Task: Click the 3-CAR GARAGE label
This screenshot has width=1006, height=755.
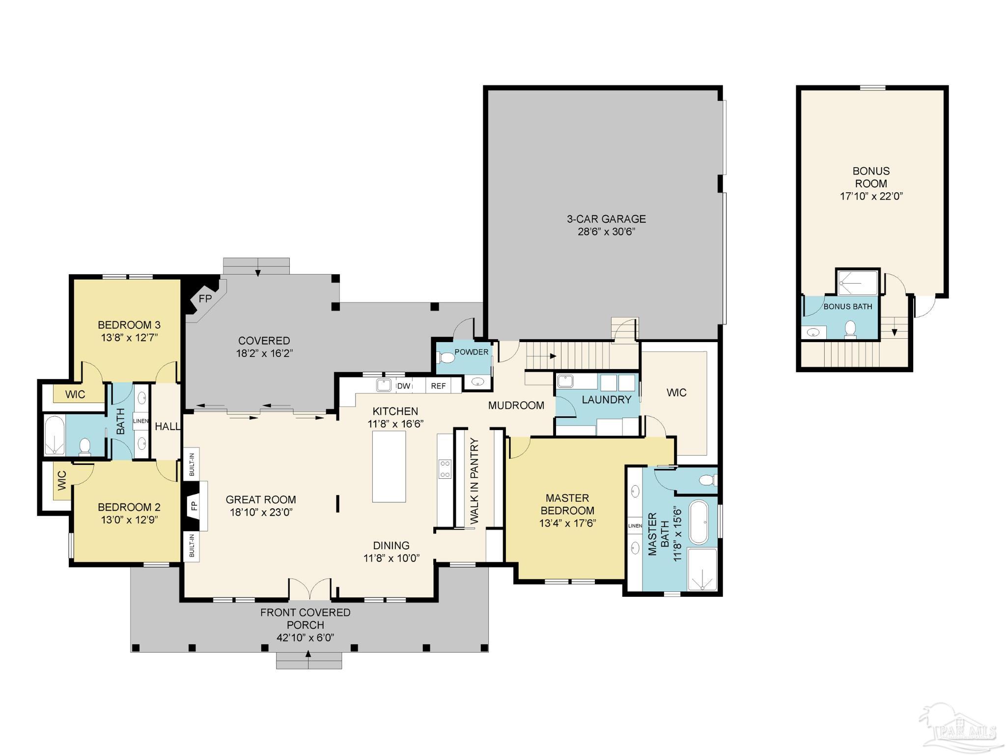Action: [x=606, y=219]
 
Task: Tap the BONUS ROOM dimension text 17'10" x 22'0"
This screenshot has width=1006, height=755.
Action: [x=871, y=196]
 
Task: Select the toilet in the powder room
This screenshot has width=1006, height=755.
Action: [x=447, y=357]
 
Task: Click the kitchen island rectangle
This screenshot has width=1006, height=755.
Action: [x=389, y=466]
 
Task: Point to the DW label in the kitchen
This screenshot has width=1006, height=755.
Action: [x=404, y=386]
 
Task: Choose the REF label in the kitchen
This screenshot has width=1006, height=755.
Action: [x=438, y=386]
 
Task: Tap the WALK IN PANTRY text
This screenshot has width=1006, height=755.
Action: [x=474, y=481]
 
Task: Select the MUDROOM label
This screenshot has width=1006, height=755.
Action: [x=516, y=406]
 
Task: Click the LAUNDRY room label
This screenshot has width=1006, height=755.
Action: [x=607, y=400]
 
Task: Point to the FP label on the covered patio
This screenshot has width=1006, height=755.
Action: [x=205, y=298]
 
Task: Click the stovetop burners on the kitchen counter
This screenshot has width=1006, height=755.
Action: [x=445, y=468]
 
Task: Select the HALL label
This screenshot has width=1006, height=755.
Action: [x=168, y=426]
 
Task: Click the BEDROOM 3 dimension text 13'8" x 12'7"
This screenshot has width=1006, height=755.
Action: [x=130, y=337]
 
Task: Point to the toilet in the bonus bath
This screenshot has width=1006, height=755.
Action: [x=850, y=329]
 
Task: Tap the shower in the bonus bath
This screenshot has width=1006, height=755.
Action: [x=858, y=283]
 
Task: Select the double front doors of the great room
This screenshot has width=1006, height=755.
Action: [x=309, y=589]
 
